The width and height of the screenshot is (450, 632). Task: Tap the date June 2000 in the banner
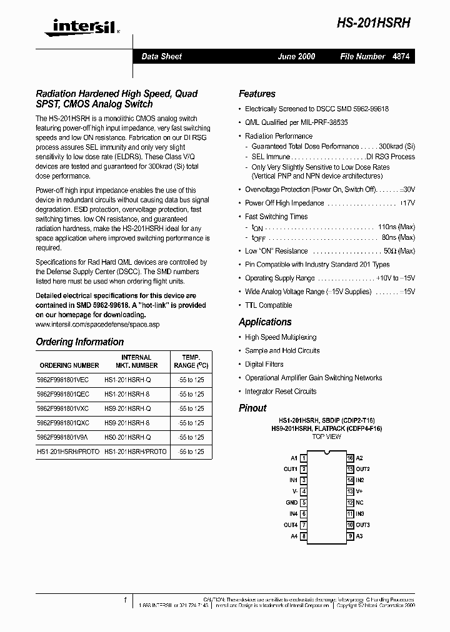click(296, 56)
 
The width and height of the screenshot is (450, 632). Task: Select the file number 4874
click(401, 56)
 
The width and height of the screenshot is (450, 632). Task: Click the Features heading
click(257, 94)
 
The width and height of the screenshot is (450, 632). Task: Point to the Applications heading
click(265, 322)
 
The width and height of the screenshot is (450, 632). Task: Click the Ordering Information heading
click(79, 342)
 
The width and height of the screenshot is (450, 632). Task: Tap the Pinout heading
click(252, 408)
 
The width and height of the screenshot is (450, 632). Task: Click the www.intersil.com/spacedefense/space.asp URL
click(97, 325)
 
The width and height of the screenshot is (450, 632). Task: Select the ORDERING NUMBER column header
click(69, 365)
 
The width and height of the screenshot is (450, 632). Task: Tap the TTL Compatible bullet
click(268, 305)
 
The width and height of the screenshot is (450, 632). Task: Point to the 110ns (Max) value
click(396, 227)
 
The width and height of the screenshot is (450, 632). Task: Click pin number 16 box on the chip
click(351, 458)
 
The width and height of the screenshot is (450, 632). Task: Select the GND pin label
click(291, 502)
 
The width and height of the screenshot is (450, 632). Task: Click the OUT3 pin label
click(363, 525)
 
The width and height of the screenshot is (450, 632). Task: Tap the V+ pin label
click(359, 491)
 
